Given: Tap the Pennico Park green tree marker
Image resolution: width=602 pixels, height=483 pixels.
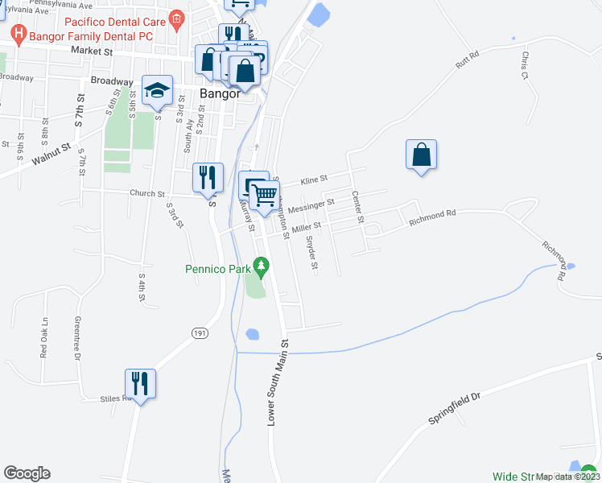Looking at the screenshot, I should point(260,265).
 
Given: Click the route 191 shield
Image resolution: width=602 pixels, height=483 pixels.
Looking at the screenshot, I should point(200,332).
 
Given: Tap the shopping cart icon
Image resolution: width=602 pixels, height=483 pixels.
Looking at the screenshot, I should point(265,194).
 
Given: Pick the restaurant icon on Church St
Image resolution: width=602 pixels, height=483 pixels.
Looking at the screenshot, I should point(208,178).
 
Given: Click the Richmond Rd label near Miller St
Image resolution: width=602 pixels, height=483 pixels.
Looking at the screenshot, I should point(432,213).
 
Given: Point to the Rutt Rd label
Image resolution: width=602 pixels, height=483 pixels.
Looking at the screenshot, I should point(467,60).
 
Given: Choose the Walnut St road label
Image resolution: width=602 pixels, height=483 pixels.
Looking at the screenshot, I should point(52,154).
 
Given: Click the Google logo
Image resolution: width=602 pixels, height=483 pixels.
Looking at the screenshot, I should point(27,473).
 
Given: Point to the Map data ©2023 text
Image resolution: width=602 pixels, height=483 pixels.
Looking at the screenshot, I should point(567,477).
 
